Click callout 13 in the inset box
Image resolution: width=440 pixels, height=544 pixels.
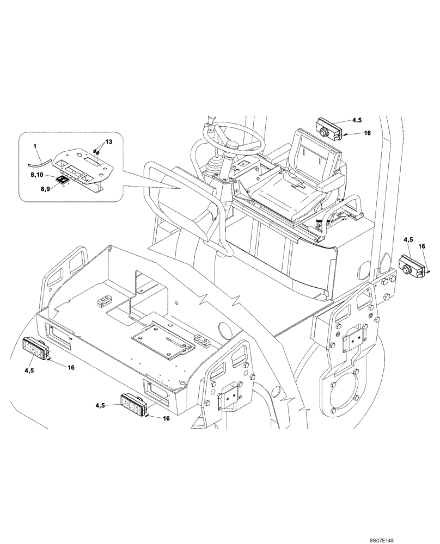coord(109,141)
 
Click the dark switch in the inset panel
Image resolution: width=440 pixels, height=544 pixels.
coord(63,179)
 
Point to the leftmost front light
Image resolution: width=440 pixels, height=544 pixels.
coord(35,348)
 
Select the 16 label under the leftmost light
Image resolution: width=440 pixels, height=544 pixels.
coord(70,368)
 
